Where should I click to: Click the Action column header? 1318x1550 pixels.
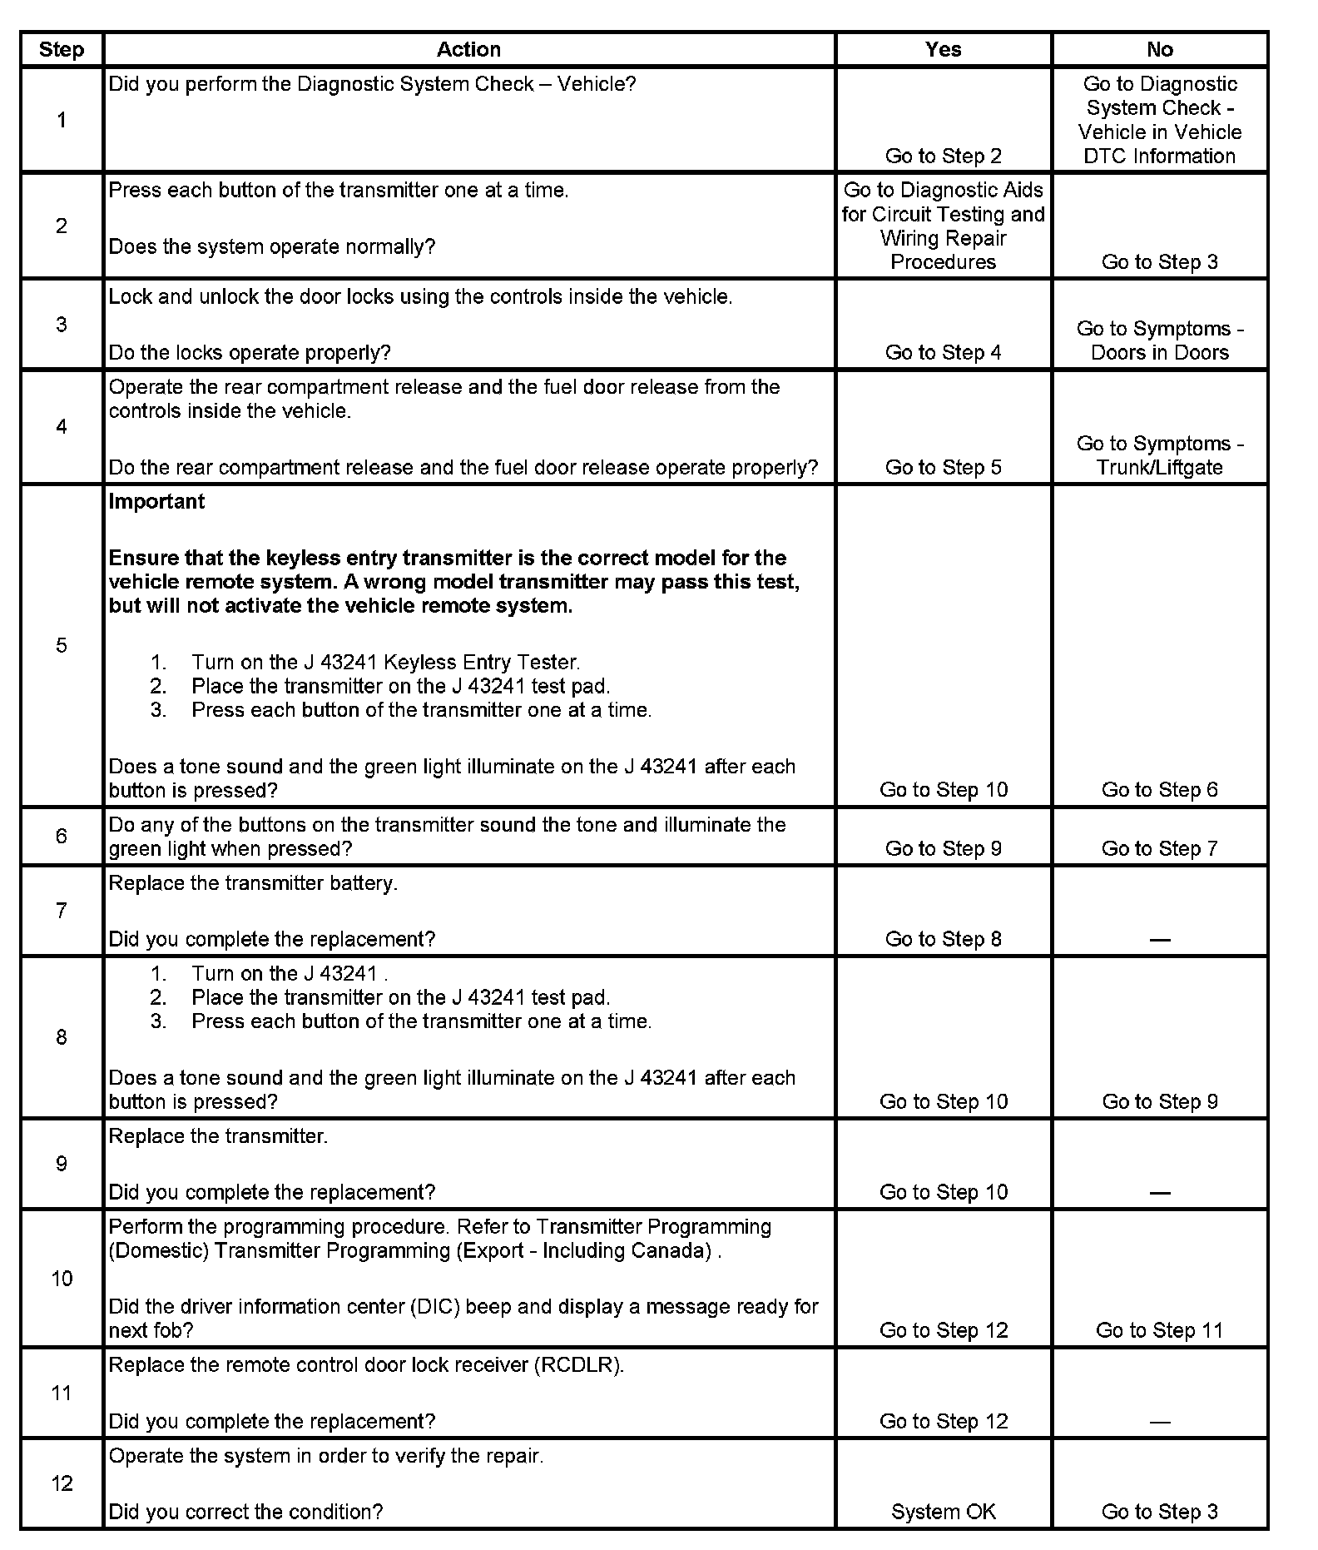[468, 50]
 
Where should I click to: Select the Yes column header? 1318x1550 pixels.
[943, 50]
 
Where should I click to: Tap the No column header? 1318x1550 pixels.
[1159, 50]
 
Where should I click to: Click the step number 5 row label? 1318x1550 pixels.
[62, 645]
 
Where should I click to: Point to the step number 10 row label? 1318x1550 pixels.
[62, 1279]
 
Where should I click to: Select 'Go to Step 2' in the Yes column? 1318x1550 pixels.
[943, 156]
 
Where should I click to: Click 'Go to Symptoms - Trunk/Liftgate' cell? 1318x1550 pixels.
[1159, 455]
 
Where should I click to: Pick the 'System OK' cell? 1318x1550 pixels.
[943, 1512]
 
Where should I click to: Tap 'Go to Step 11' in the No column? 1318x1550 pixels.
[1159, 1330]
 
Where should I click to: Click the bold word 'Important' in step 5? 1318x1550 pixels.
[156, 501]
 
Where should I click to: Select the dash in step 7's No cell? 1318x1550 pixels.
[1159, 940]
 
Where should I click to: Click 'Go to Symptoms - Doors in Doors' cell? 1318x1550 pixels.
[1159, 340]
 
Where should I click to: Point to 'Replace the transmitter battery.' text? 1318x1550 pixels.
[253, 883]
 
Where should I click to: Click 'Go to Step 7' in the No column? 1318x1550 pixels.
[1159, 848]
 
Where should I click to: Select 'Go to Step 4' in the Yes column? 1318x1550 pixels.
[943, 352]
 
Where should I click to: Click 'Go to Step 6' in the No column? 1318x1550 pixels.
[1159, 790]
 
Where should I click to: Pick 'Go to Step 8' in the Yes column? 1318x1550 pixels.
[943, 939]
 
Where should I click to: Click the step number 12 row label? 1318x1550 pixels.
[62, 1483]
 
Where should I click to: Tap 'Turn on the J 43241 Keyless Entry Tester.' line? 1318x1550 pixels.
[385, 663]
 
